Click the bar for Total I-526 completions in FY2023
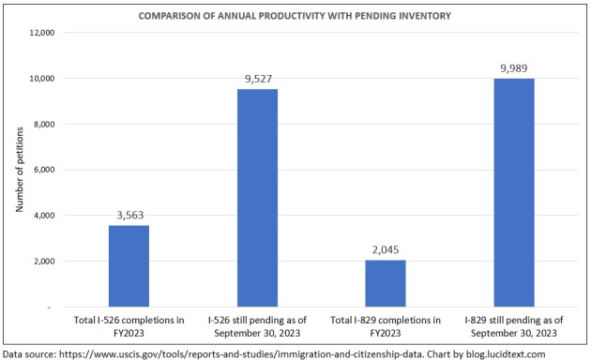click(x=129, y=266)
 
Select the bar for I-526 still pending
click(x=257, y=198)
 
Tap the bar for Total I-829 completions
click(x=386, y=283)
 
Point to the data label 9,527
click(x=257, y=80)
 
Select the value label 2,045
click(x=386, y=251)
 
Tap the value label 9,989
click(x=514, y=68)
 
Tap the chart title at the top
click(x=295, y=16)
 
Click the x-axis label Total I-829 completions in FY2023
click(x=386, y=327)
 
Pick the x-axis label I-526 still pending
click(x=257, y=327)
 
